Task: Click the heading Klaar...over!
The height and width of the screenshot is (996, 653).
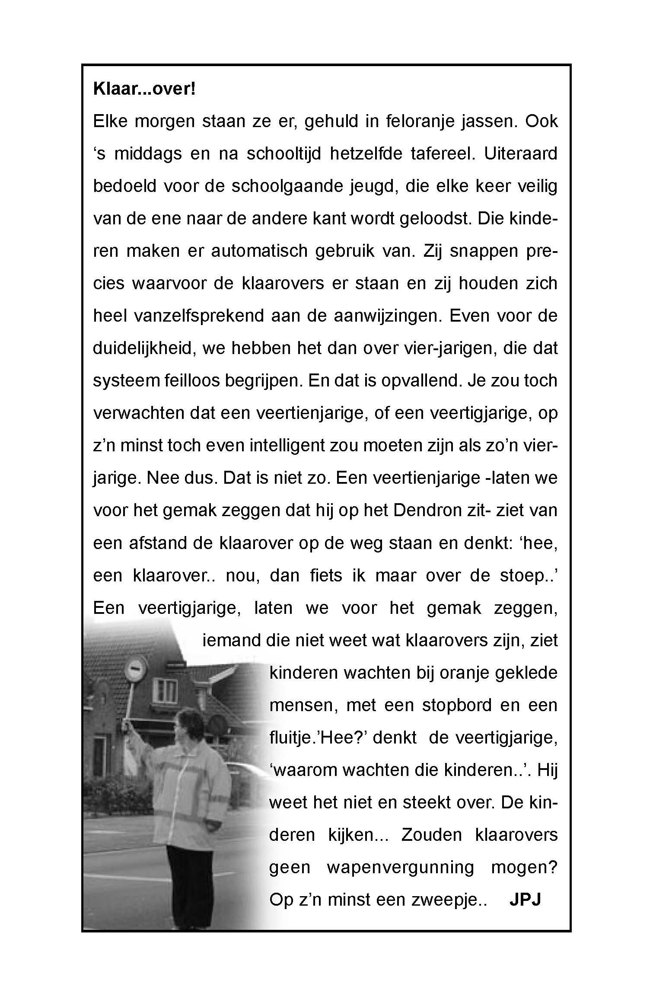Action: tap(144, 89)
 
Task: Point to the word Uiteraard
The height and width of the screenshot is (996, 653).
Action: tap(520, 154)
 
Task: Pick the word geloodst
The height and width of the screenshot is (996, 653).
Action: tap(435, 219)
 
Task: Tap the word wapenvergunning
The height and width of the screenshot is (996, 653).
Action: tap(400, 868)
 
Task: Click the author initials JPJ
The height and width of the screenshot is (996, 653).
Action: tap(525, 900)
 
